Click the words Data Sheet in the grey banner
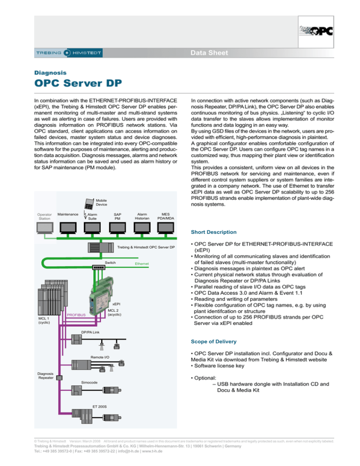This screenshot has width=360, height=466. click(209, 53)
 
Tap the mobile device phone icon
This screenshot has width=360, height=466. click(89, 204)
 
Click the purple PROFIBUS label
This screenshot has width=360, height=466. click(75, 315)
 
